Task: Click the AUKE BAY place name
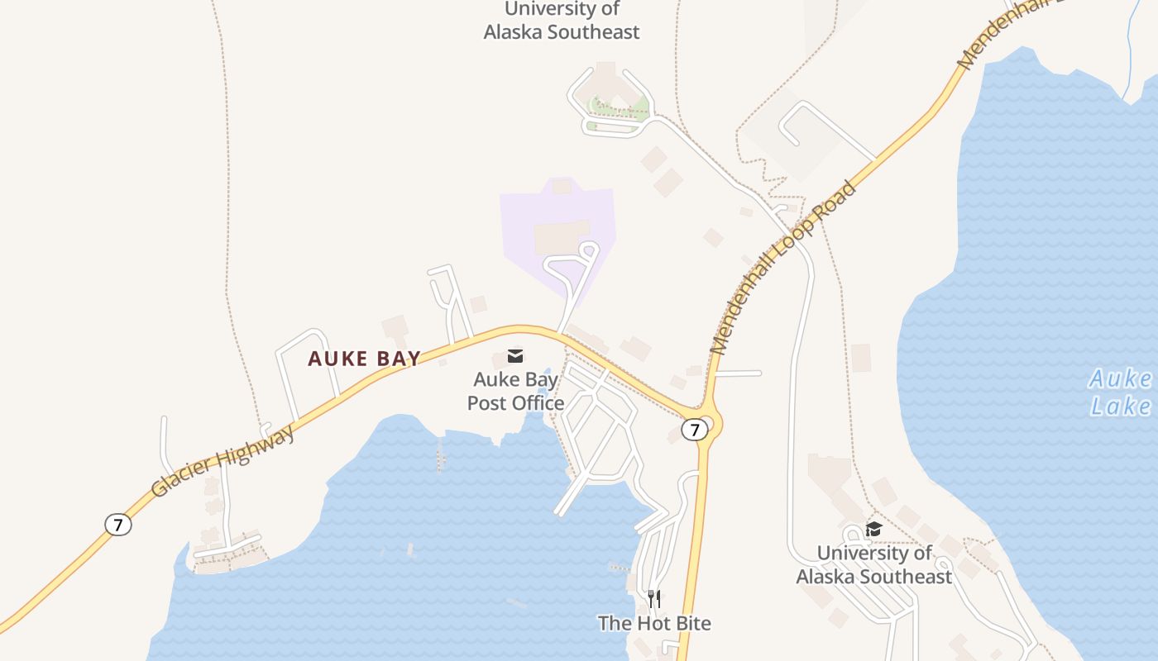point(364,359)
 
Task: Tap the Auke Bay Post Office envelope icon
point(515,356)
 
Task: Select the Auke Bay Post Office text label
point(515,391)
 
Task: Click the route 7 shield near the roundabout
point(695,430)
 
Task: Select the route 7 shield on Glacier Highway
point(118,524)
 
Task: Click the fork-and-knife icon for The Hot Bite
point(653,598)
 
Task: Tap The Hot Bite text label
point(654,623)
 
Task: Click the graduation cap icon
point(873,529)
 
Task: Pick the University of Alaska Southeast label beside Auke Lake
point(873,564)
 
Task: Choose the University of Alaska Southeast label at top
point(562,21)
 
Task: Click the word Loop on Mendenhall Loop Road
point(787,263)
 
